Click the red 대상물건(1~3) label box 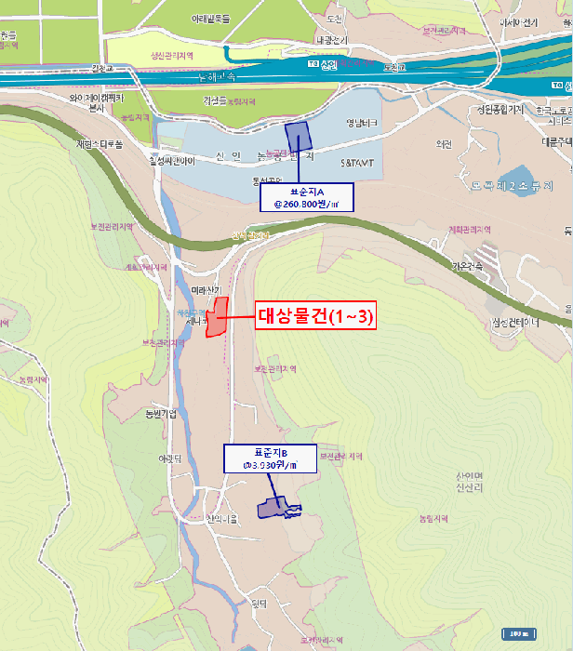[x=314, y=316]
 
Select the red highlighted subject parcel [x=217, y=318]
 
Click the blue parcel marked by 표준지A [x=299, y=138]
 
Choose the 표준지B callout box [x=270, y=458]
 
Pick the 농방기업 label [x=162, y=412]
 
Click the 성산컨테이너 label [x=515, y=323]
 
